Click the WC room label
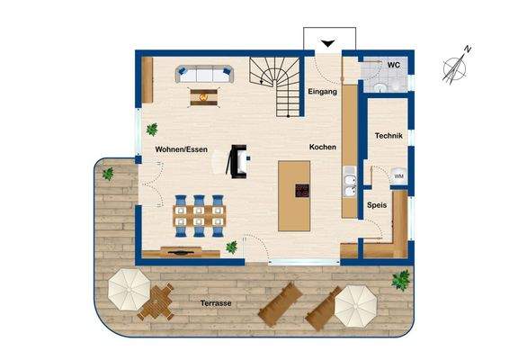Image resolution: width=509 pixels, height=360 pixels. point(393,66)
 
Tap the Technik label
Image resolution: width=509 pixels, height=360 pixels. point(388,136)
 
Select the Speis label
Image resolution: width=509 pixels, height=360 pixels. point(377,204)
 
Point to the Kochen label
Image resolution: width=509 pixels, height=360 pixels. point(322,148)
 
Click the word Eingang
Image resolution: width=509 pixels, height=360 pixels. point(321,93)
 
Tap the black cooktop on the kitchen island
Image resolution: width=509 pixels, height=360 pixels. point(301,190)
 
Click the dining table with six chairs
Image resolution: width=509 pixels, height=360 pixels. point(200,213)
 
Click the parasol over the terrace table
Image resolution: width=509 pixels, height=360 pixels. point(129,288)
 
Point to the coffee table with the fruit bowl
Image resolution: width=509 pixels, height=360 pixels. point(204,96)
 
